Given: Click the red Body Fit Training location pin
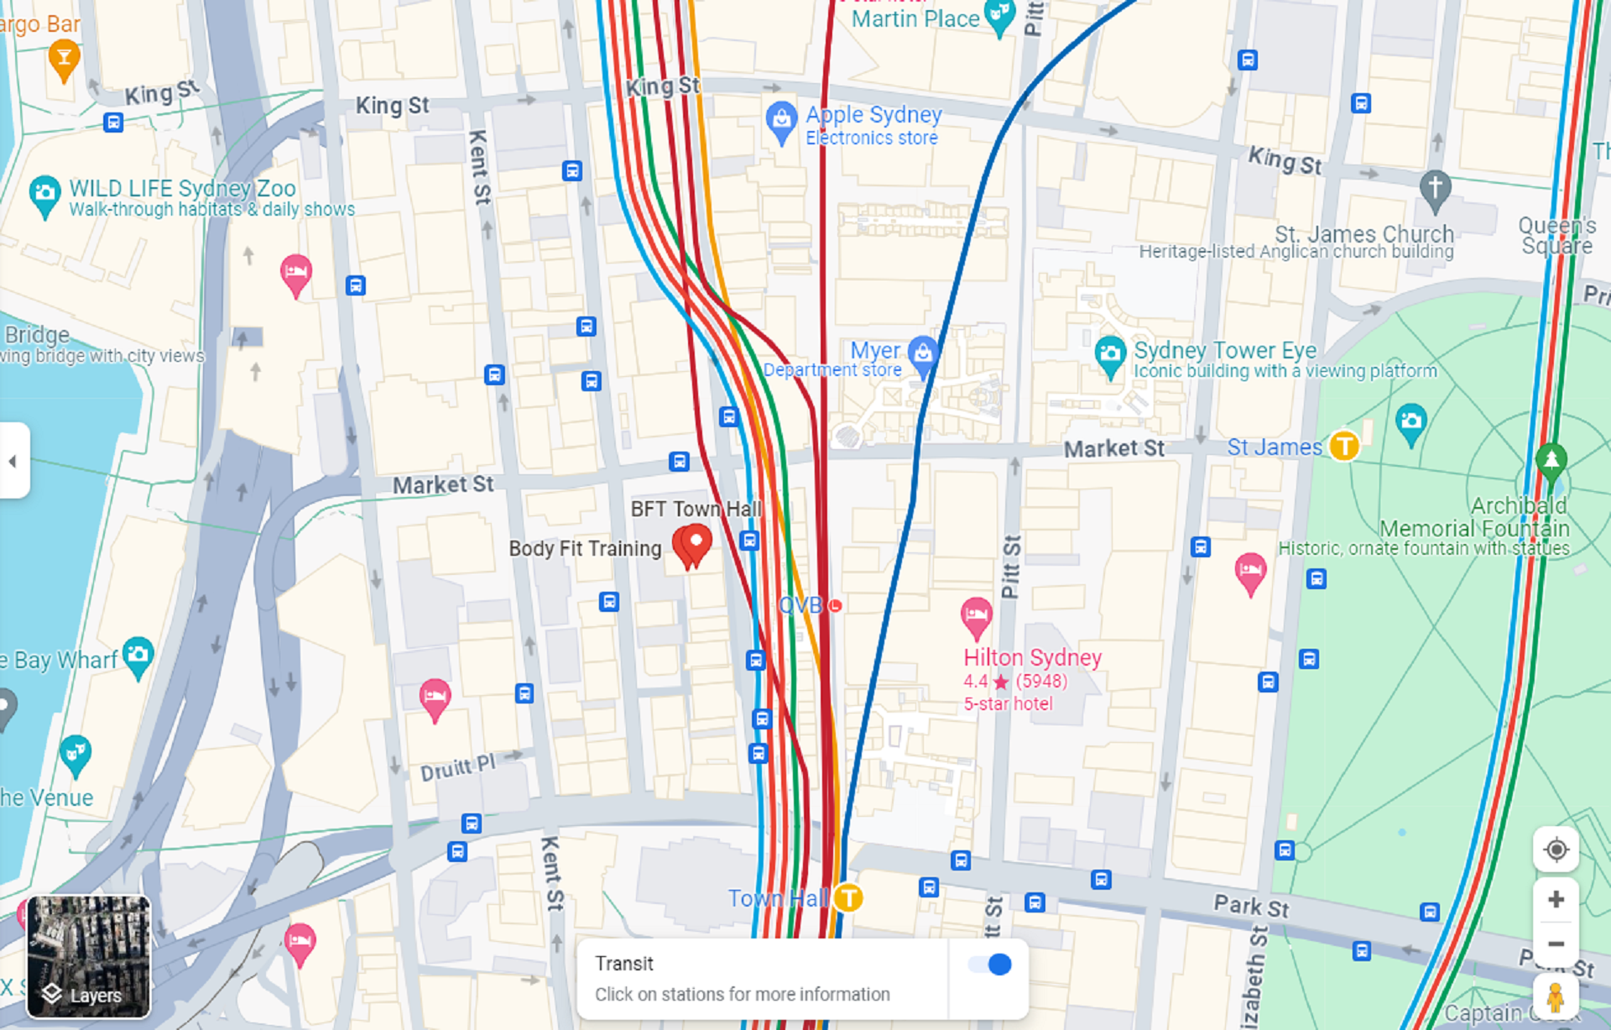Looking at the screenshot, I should (x=692, y=544).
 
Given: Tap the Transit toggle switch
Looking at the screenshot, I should (x=990, y=965).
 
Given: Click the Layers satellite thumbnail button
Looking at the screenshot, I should (x=88, y=956).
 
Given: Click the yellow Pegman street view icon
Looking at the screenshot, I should (x=1555, y=997).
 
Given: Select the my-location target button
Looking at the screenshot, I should (x=1556, y=850).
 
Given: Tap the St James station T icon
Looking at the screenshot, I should (x=1344, y=446).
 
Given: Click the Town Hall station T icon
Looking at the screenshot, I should (x=848, y=897).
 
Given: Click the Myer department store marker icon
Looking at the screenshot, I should (x=923, y=353).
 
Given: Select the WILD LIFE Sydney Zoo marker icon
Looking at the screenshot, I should (x=44, y=194).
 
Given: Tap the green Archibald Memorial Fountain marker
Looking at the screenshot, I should (x=1551, y=460).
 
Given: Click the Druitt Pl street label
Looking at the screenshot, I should (x=458, y=767).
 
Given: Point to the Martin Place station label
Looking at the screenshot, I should (x=915, y=18).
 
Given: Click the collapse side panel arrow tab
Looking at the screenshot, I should (x=13, y=461).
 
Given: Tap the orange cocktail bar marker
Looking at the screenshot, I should (x=64, y=59).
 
